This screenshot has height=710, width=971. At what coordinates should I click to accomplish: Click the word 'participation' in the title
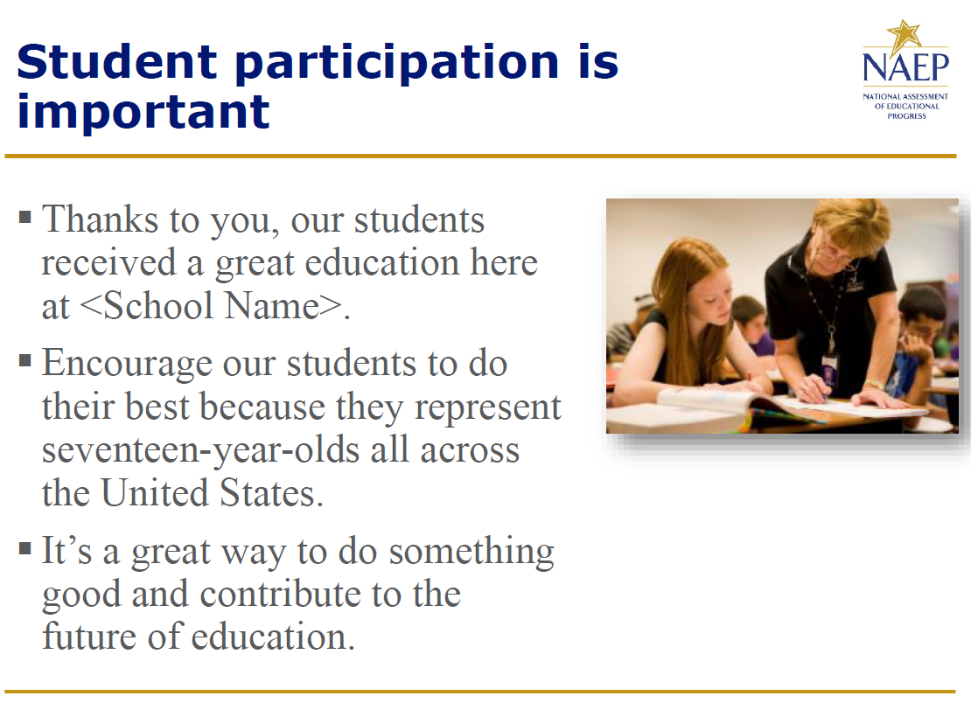(x=397, y=64)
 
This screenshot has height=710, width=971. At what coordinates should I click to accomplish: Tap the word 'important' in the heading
(x=143, y=112)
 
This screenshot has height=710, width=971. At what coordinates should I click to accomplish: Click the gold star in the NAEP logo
(x=905, y=35)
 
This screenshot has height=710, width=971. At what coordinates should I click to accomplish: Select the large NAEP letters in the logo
(x=905, y=67)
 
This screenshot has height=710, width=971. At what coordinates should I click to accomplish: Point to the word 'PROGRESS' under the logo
(x=906, y=115)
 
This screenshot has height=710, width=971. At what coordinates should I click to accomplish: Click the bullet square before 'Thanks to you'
(x=25, y=217)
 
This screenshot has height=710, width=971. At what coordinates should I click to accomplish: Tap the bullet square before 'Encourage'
(x=25, y=360)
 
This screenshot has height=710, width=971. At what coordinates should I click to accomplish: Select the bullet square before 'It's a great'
(x=25, y=548)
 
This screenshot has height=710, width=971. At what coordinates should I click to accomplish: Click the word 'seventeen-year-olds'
(x=200, y=450)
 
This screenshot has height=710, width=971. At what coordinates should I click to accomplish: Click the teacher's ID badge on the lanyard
(x=828, y=370)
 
